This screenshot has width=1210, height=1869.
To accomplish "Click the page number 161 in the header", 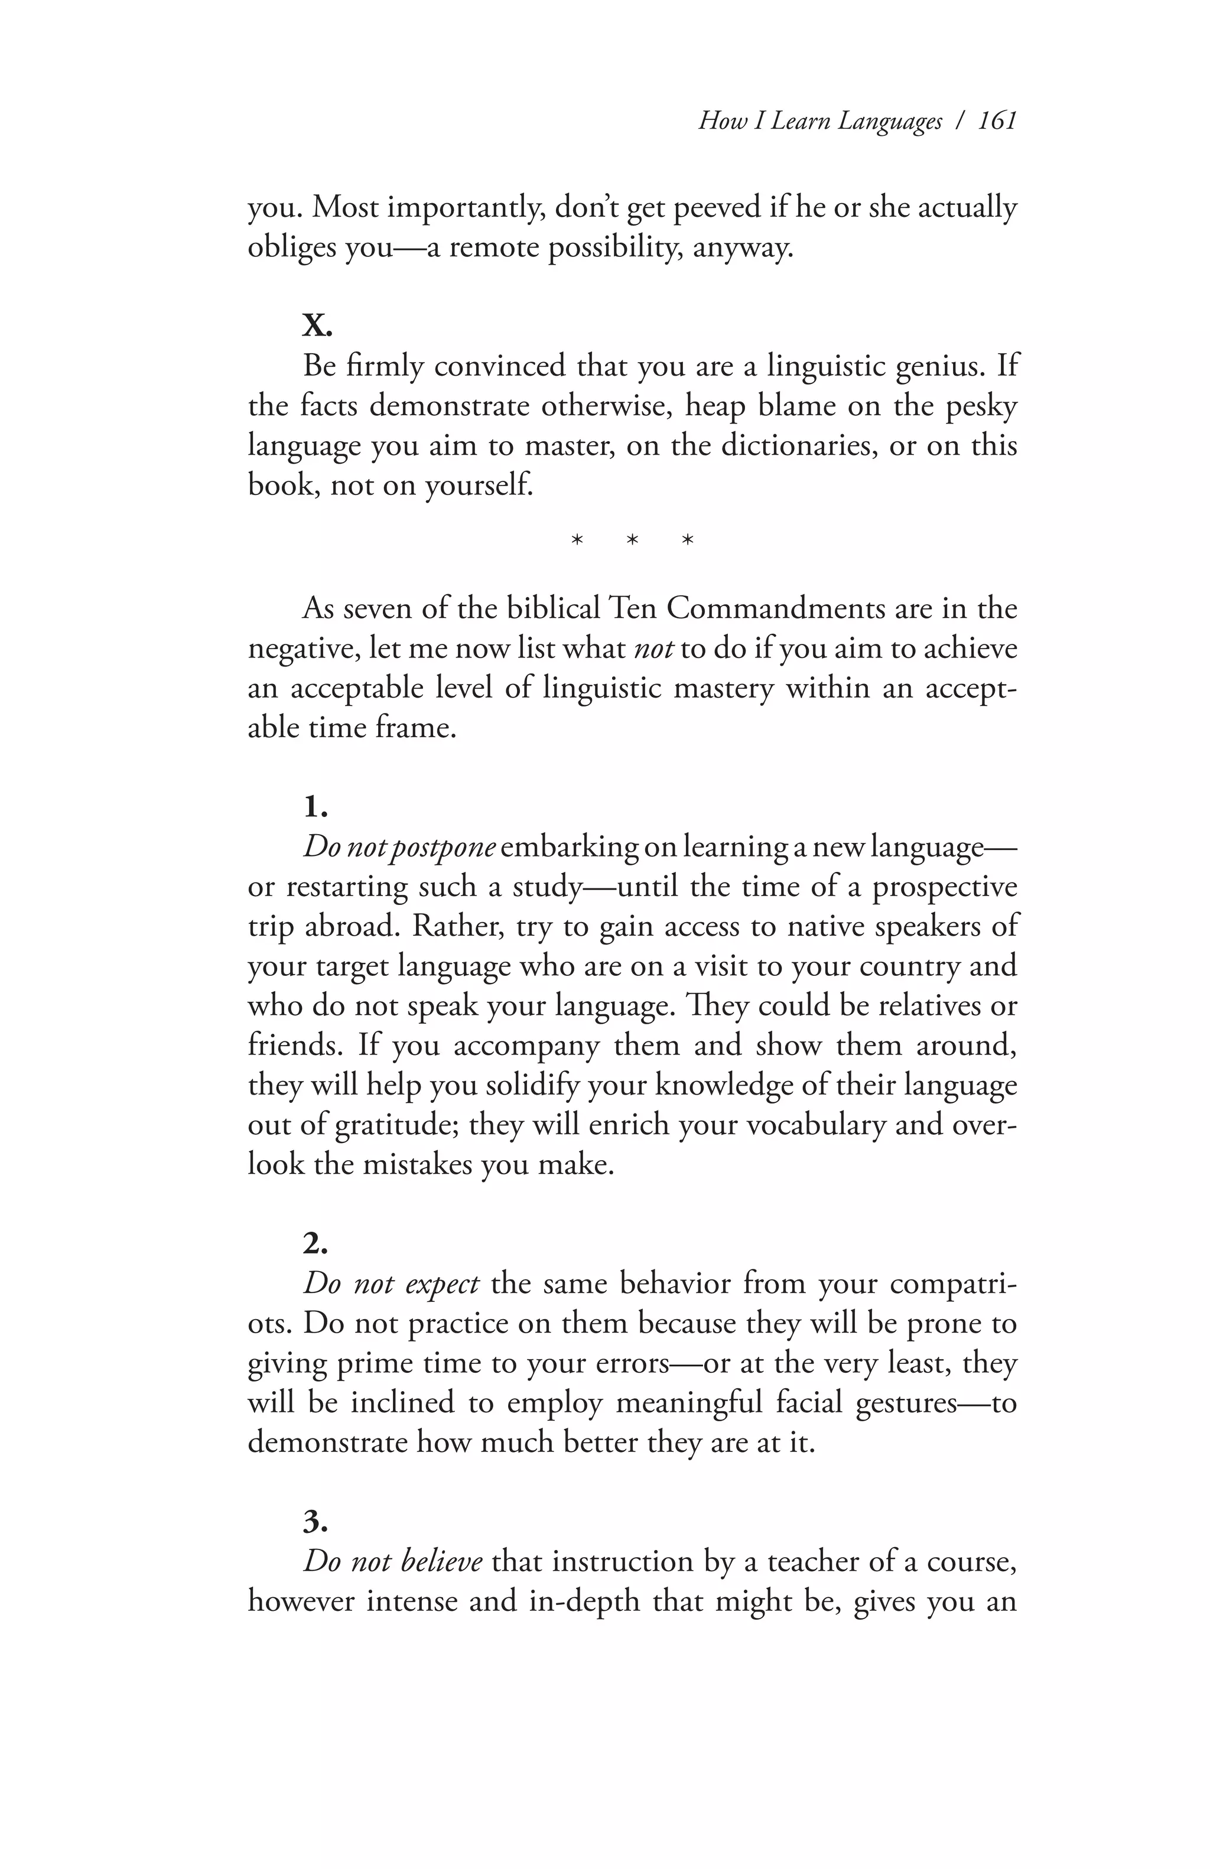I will pos(997,121).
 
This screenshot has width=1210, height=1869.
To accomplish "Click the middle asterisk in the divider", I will pos(633,541).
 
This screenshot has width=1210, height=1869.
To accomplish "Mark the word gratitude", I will pos(396,1125).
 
